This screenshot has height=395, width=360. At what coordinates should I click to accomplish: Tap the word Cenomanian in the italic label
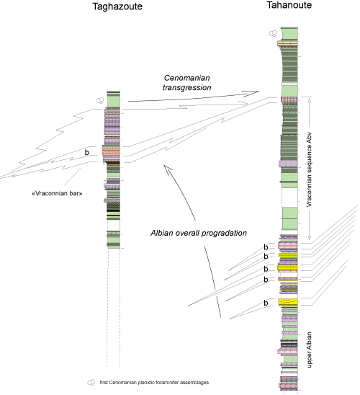click(186, 76)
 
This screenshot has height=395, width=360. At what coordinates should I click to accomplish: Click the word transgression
click(186, 87)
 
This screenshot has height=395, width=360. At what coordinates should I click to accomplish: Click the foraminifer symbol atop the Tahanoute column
click(272, 32)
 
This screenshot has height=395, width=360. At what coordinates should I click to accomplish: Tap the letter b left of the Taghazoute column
click(87, 153)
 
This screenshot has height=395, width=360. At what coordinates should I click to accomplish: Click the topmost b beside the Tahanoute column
click(265, 247)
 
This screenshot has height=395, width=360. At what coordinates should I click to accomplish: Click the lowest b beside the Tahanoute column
click(265, 303)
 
